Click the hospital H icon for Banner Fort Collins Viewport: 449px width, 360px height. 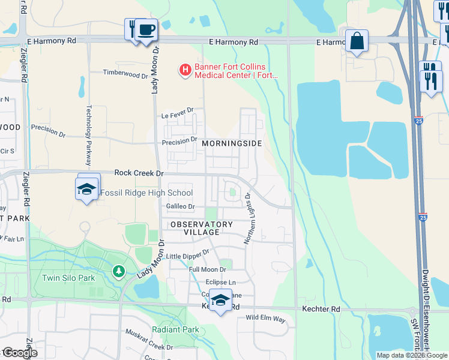click(185, 70)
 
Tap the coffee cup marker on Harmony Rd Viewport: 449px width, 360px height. click(145, 29)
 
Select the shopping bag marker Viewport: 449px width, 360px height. click(357, 41)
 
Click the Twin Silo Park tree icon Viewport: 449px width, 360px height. click(119, 272)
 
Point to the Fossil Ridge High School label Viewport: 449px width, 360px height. click(146, 193)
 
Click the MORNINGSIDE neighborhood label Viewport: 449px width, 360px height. click(232, 144)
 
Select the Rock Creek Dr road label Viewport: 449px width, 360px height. click(139, 173)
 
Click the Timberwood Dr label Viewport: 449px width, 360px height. click(125, 75)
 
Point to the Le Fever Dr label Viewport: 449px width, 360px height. click(178, 111)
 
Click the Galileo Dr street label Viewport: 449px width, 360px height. click(181, 206)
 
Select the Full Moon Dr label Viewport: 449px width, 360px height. click(208, 269)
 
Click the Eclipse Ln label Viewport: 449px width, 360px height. click(221, 282)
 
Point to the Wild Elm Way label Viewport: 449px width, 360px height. click(265, 318)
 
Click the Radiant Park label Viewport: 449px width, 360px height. click(175, 329)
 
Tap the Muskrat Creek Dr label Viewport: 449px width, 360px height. click(149, 339)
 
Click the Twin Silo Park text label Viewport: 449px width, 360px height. click(69, 278)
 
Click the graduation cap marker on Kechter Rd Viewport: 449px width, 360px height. click(220, 300)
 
